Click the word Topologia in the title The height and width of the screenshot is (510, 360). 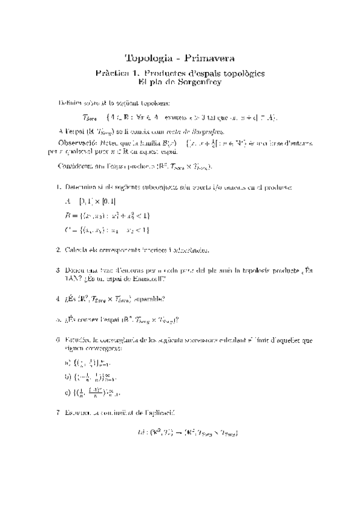click(x=147, y=58)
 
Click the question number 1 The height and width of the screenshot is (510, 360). click(x=57, y=188)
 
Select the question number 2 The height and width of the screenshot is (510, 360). click(x=57, y=250)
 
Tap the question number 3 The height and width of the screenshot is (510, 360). click(x=57, y=271)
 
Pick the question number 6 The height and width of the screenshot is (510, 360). click(x=57, y=340)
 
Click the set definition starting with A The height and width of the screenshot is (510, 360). click(x=91, y=201)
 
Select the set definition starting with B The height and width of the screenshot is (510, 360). click(x=107, y=215)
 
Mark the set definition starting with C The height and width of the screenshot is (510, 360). click(x=106, y=229)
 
